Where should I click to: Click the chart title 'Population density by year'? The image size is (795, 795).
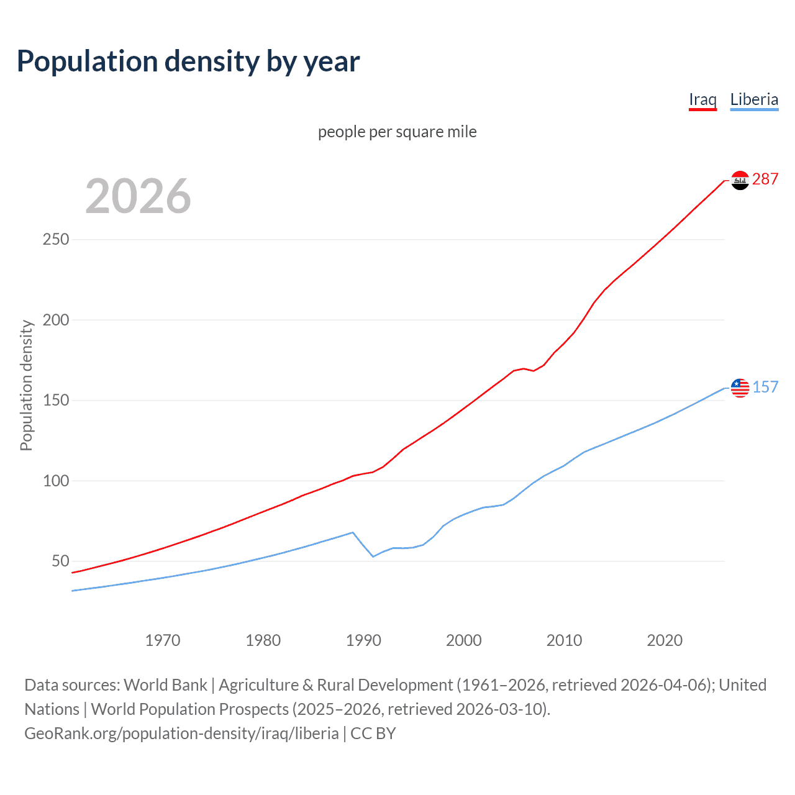[x=188, y=61]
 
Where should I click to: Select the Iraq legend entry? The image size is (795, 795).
[x=702, y=99]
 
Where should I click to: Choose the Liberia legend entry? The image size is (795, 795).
[x=754, y=99]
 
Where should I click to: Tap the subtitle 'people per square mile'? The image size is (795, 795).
[x=397, y=132]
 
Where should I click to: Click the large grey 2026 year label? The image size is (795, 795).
[x=138, y=196]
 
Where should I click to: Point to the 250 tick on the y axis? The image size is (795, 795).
[x=55, y=240]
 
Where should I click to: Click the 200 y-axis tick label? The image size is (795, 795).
[x=55, y=320]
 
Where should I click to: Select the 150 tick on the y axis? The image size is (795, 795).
[x=55, y=401]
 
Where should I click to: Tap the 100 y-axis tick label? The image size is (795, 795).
[x=55, y=481]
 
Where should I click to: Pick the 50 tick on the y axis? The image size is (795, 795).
[x=60, y=561]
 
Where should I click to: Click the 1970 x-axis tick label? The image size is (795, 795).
[x=163, y=640]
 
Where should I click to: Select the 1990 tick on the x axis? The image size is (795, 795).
[x=363, y=640]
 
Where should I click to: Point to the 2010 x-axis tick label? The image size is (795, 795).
[x=564, y=640]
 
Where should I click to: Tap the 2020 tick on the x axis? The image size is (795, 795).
[x=665, y=640]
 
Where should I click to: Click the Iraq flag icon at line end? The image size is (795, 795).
[x=740, y=180]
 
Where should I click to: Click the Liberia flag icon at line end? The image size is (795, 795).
[x=740, y=388]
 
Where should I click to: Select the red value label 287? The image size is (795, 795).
[x=765, y=179]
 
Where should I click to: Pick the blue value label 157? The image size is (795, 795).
[x=765, y=388]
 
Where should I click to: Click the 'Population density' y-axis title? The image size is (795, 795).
[x=26, y=385]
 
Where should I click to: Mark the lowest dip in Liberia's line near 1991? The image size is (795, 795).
[x=373, y=556]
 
